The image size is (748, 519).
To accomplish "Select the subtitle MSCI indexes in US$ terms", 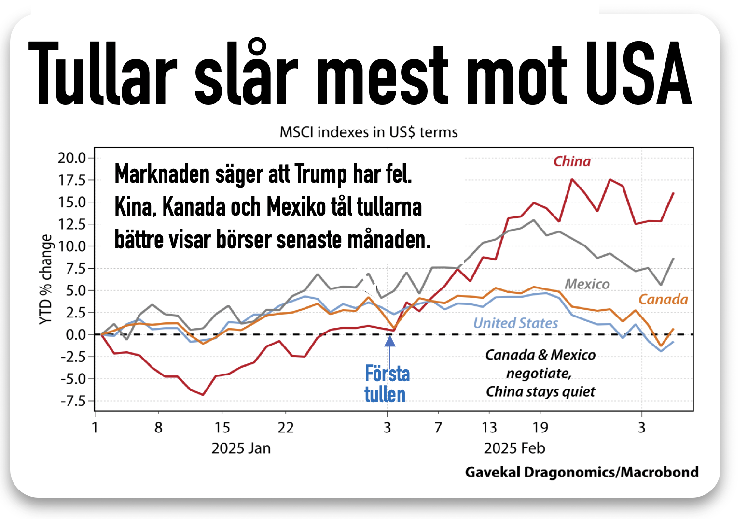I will pyautogui.click(x=369, y=132).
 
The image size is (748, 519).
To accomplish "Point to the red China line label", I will pyautogui.click(x=572, y=161).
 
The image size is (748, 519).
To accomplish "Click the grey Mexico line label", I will pyautogui.click(x=587, y=284).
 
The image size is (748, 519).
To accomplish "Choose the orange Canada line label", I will pyautogui.click(x=663, y=300).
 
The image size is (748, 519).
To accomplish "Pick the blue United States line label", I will pyautogui.click(x=515, y=323).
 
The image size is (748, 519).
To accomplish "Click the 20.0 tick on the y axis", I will pyautogui.click(x=71, y=158).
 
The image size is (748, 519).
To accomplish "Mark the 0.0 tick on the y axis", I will pyautogui.click(x=75, y=334).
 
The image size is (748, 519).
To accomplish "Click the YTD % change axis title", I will pyautogui.click(x=46, y=279).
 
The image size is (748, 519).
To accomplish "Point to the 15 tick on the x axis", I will pyautogui.click(x=222, y=428).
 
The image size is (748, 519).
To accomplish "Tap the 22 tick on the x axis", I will pyautogui.click(x=286, y=428).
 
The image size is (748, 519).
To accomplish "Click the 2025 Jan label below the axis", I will pyautogui.click(x=241, y=448).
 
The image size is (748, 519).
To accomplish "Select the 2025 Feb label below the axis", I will pyautogui.click(x=514, y=448).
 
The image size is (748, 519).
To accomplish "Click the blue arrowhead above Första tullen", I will pyautogui.click(x=390, y=341).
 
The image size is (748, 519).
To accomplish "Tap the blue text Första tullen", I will pyautogui.click(x=386, y=384).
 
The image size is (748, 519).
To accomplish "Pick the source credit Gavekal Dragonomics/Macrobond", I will pyautogui.click(x=582, y=472).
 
